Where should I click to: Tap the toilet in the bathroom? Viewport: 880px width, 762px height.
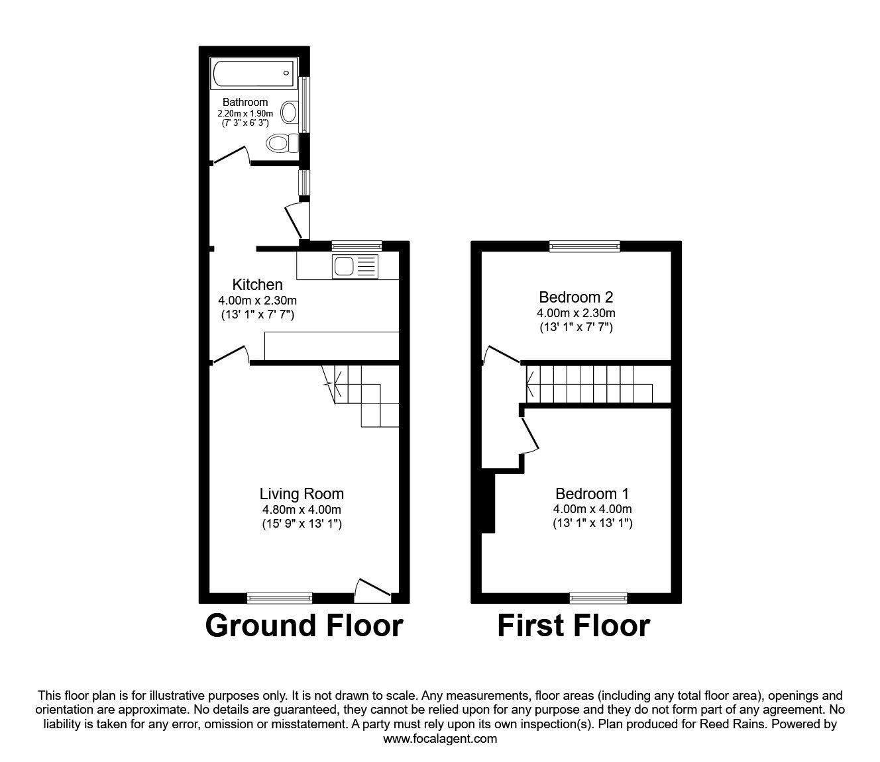click(280, 142)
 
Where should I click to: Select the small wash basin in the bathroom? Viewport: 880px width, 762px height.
click(290, 112)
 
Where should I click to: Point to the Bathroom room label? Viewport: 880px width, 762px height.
click(245, 102)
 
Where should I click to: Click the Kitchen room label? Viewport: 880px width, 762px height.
click(257, 285)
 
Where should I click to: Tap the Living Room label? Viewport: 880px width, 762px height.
click(302, 494)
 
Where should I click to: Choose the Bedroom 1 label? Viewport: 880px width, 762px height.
click(592, 494)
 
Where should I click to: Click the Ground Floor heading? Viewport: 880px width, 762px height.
click(303, 625)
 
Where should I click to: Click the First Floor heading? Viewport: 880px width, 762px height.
click(573, 625)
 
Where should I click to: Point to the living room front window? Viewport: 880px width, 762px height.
click(279, 598)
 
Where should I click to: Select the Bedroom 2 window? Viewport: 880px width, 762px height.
click(584, 246)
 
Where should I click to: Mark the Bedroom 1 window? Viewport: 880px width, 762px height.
click(598, 598)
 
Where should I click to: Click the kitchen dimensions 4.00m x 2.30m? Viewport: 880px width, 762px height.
click(257, 301)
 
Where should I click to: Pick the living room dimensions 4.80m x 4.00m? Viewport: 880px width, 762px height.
click(302, 510)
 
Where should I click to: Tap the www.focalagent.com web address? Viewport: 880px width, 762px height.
click(440, 739)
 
